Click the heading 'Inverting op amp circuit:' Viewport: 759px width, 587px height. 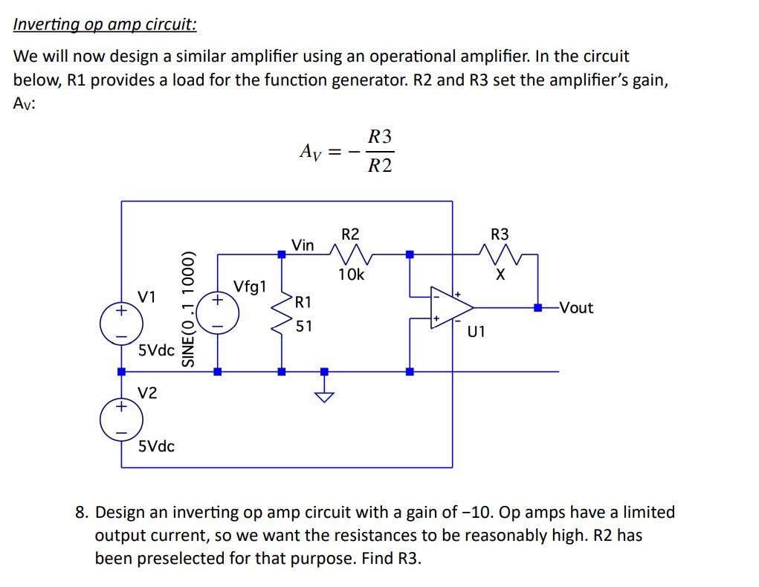tap(105, 25)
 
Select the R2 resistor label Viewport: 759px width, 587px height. tap(349, 234)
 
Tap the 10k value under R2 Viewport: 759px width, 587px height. tap(351, 275)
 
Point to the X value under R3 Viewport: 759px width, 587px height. tap(500, 275)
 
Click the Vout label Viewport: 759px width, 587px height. tap(576, 307)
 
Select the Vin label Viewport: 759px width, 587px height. tap(303, 245)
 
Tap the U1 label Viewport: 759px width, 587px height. tap(476, 332)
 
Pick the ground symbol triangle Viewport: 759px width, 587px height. tap(323, 395)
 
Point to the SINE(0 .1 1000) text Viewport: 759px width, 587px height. tap(189, 307)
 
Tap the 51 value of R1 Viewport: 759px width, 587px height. tap(304, 326)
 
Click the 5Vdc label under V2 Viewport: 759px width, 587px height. tap(157, 446)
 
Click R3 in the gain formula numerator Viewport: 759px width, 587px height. tap(380, 137)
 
